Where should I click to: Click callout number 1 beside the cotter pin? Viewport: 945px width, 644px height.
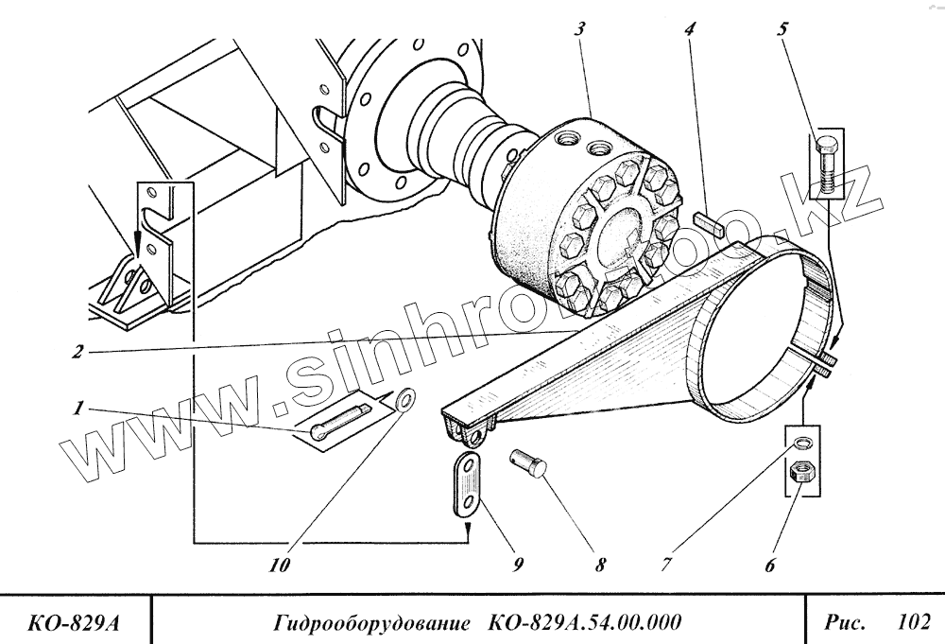pos(80,409)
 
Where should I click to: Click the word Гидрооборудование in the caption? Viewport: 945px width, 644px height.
pos(371,622)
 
